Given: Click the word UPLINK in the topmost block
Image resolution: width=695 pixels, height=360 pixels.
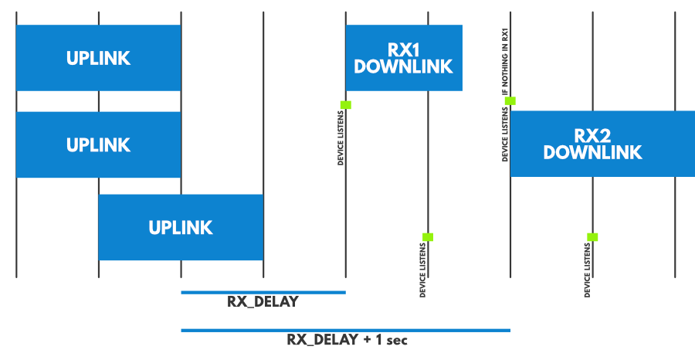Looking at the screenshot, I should click(x=98, y=58).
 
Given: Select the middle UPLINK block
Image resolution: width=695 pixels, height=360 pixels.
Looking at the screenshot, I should click(x=98, y=144).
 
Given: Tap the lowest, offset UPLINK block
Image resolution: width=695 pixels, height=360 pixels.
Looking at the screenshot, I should click(x=181, y=227).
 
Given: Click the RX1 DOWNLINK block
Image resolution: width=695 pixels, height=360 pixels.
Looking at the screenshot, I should click(x=403, y=58).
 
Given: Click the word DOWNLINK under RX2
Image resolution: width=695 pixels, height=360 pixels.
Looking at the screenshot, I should click(x=592, y=152).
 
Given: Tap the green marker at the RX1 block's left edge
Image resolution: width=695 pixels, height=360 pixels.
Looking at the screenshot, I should click(x=346, y=104).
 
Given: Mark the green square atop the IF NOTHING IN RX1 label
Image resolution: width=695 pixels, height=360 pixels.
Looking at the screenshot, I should click(x=510, y=100).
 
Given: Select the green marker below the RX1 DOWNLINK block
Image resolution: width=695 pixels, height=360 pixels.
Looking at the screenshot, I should click(x=428, y=237).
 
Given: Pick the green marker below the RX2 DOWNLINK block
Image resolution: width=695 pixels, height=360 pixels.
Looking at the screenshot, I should click(x=592, y=237).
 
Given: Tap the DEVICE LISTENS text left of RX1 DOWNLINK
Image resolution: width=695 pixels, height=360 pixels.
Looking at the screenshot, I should click(x=341, y=138).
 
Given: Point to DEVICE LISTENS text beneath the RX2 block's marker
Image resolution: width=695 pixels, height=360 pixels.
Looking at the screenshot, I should click(x=588, y=270).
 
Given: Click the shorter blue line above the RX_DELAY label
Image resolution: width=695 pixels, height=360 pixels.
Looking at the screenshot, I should click(x=263, y=292).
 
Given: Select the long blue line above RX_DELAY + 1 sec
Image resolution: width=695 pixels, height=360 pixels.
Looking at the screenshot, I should click(x=345, y=330).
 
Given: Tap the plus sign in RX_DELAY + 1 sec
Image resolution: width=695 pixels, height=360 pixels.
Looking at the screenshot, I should click(x=367, y=340).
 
